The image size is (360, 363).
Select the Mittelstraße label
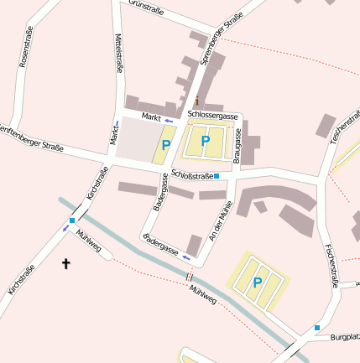[x=120, y=54]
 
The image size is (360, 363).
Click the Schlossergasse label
[x=214, y=114]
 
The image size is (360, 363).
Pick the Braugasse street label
[x=237, y=145]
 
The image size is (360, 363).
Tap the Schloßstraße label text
[x=190, y=175]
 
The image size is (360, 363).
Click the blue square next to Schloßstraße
[x=217, y=176]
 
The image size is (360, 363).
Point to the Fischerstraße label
[x=330, y=265]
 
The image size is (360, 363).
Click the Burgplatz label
[x=345, y=338]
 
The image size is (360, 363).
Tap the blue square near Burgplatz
[x=317, y=327]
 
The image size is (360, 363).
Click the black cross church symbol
[x=66, y=264]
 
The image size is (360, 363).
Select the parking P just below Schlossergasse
[x=205, y=141]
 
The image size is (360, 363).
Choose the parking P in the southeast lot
[x=258, y=283]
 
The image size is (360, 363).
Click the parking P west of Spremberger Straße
[x=166, y=145]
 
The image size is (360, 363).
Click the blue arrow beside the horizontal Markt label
[x=169, y=121]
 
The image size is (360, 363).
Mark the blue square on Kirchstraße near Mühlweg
[x=72, y=220]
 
